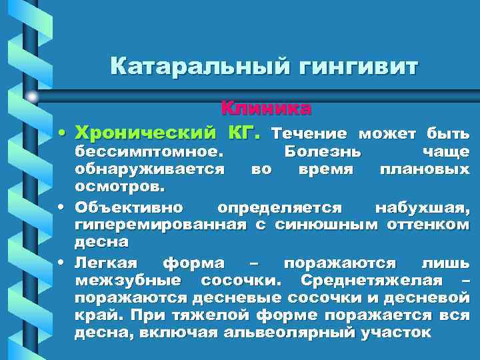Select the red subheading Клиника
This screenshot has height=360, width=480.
pos(266,107)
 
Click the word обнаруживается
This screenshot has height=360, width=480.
pos(149,169)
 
